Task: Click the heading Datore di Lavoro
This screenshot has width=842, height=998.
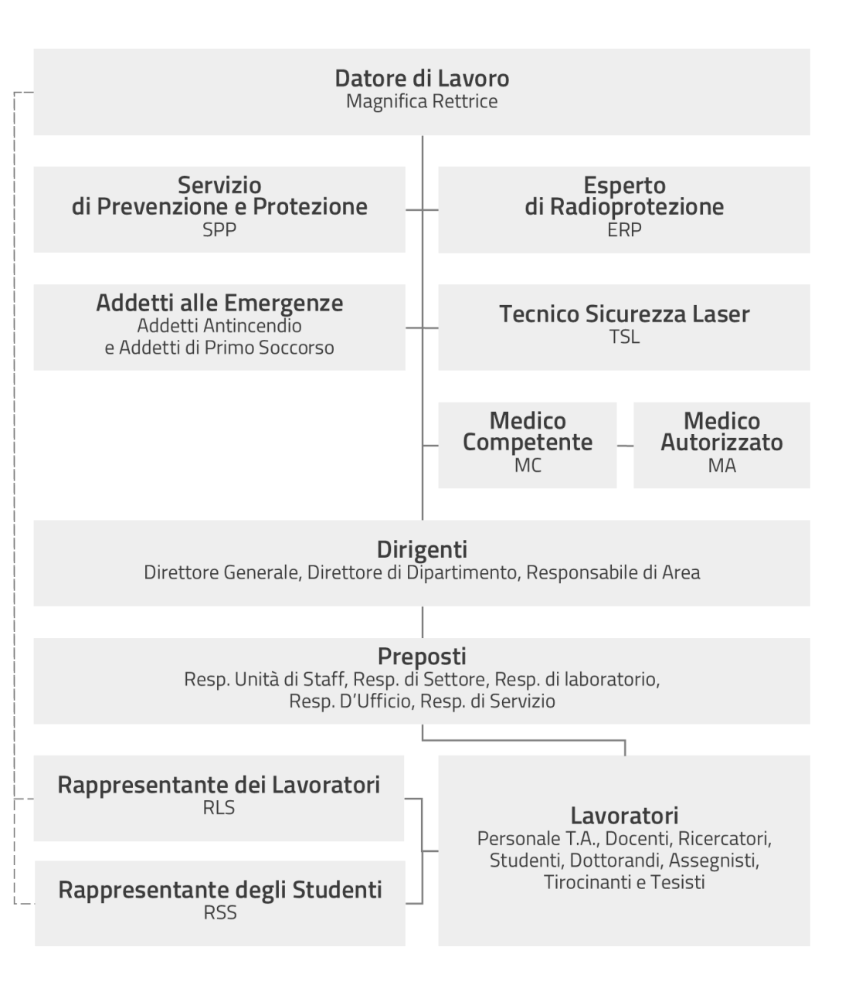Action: coord(422,78)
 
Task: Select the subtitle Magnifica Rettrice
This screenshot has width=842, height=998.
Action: coord(422,101)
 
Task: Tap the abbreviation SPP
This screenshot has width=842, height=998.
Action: coord(219,230)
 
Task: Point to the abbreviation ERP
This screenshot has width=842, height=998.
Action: coord(624,230)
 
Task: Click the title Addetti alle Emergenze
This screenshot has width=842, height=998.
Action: coord(219,303)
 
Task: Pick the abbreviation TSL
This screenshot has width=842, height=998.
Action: coord(624,337)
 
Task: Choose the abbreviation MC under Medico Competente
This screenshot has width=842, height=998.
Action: coord(528,466)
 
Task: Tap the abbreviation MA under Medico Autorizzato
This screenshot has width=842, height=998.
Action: coord(722,466)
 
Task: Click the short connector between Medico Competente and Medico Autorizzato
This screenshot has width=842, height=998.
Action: coord(625,446)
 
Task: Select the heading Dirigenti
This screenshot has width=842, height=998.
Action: coord(422,550)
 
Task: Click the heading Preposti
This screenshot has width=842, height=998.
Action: coord(422,657)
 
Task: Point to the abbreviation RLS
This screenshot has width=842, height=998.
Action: coord(219,807)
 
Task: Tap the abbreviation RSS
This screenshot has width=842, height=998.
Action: coord(220,912)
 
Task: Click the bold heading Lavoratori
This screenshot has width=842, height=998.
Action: coord(624,816)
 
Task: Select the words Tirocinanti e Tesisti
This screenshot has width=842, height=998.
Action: coord(624,882)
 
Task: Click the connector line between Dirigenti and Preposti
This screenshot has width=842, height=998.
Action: coord(423,622)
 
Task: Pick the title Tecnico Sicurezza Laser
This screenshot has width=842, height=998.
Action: coord(624,314)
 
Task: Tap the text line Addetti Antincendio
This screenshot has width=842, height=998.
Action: coord(219,326)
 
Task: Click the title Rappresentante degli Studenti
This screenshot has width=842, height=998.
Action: coord(220,890)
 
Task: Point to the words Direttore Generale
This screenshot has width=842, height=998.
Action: coord(222,572)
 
